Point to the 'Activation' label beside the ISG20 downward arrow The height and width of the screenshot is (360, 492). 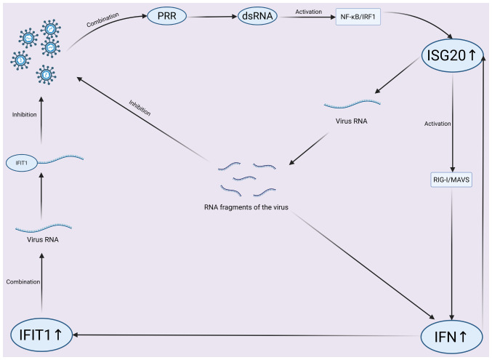pyautogui.click(x=438, y=124)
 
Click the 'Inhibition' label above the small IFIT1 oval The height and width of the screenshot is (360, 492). pyautogui.click(x=25, y=114)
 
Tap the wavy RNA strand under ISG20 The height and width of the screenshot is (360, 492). pyautogui.click(x=352, y=106)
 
